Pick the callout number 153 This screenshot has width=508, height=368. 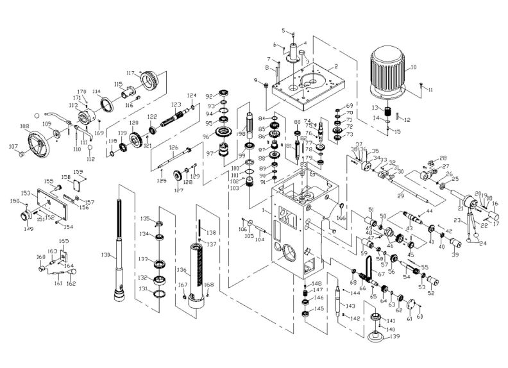tap(26, 193)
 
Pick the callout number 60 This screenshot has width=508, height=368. tap(420, 316)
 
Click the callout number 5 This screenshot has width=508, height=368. tap(283, 30)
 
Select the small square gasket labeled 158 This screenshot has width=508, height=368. tap(76, 183)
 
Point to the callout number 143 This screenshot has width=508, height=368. tap(350, 306)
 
